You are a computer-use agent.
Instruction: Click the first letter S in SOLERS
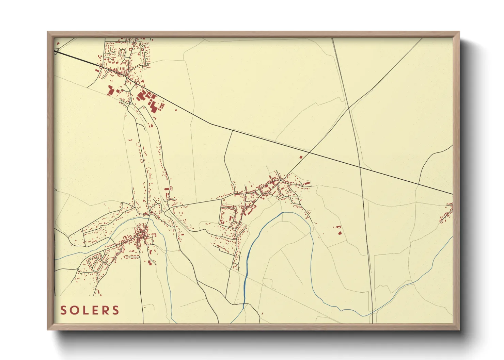[x=63, y=310]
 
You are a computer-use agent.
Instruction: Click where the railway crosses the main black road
[x=360, y=167]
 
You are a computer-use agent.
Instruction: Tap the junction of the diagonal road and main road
[x=309, y=151]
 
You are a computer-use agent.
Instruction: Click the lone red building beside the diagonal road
[x=301, y=157]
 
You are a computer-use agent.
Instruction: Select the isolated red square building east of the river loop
[x=340, y=233]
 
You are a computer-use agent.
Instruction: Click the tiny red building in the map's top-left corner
[x=58, y=44]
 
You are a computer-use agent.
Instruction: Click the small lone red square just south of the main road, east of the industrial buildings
[x=176, y=110]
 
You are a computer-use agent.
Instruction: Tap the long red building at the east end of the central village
[x=307, y=183]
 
